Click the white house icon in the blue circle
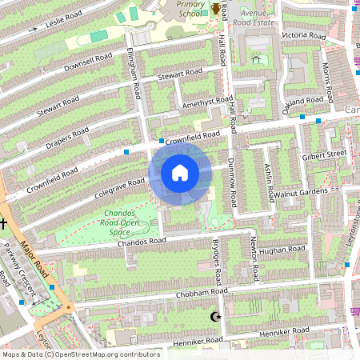point(179,173)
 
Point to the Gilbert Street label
point(323,152)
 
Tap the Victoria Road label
point(304,36)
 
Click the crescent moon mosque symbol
point(214,318)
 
